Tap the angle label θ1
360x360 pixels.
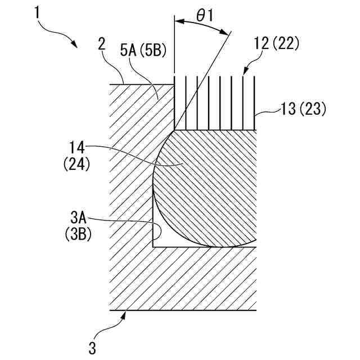coord(203,16)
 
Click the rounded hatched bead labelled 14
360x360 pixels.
coord(208,186)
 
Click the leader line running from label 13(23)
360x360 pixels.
coord(269,112)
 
